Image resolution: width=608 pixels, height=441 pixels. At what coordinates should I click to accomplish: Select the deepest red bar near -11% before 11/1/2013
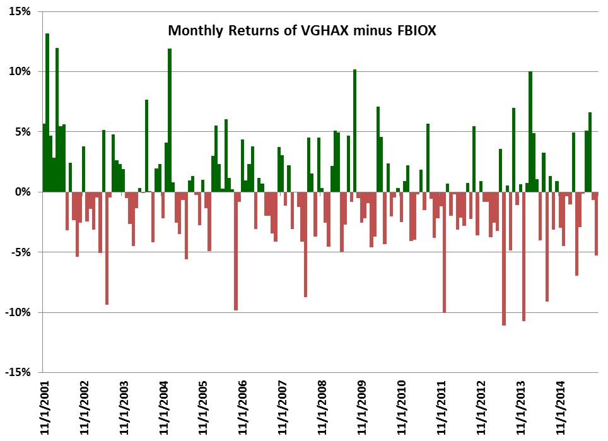pos(504,259)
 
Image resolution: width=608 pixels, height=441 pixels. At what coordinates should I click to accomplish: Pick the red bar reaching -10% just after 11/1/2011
pos(444,252)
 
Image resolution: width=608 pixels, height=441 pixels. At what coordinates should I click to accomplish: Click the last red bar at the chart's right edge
pos(597,223)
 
